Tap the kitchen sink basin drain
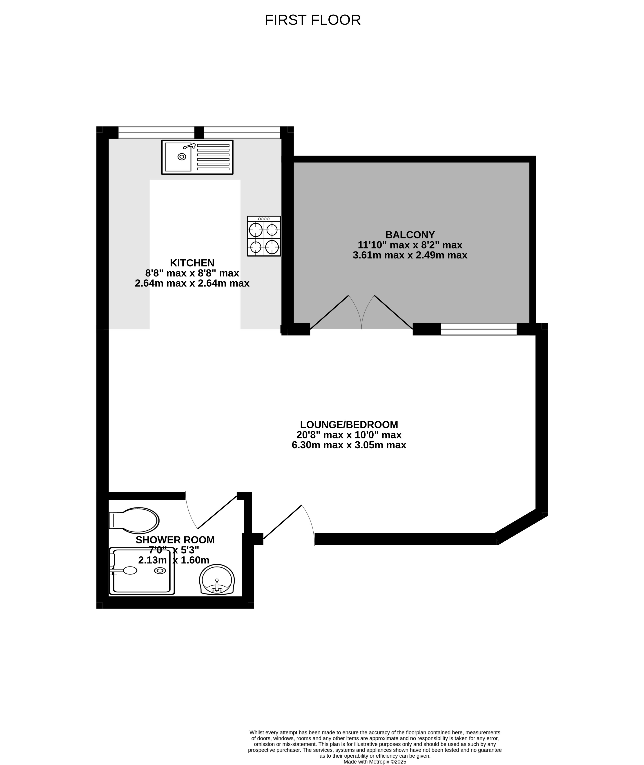click(x=182, y=157)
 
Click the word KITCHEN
click(x=192, y=263)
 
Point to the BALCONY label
click(x=410, y=235)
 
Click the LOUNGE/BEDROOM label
click(x=349, y=425)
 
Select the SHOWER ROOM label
click(x=175, y=540)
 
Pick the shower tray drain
click(x=160, y=570)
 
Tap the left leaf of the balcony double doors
click(x=329, y=312)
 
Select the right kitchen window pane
click(x=242, y=133)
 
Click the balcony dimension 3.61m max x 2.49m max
click(x=410, y=255)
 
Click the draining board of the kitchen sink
click(x=213, y=157)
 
